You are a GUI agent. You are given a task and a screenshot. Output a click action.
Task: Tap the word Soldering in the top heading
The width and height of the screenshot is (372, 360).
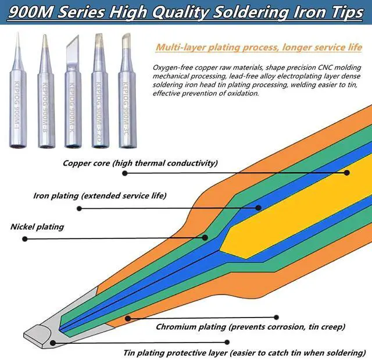point(242,13)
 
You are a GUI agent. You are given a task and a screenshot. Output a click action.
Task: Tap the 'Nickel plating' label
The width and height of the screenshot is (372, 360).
point(37,226)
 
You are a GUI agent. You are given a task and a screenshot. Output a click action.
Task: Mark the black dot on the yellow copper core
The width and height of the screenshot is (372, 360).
point(346,173)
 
